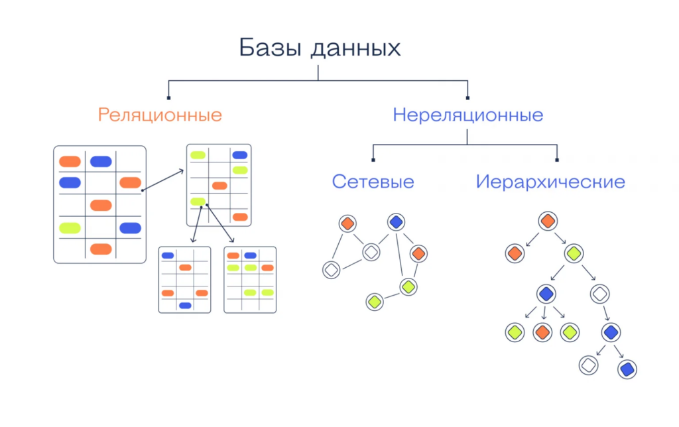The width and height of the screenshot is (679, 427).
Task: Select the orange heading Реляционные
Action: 160,115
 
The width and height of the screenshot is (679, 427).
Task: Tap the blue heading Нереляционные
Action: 467,115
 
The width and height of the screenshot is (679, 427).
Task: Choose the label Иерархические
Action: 550,182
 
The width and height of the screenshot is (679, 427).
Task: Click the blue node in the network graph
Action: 396,222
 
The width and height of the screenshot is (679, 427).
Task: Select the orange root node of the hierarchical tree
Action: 547,221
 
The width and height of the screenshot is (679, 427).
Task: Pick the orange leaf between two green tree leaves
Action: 542,332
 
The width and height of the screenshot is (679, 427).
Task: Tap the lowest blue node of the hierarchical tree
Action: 627,368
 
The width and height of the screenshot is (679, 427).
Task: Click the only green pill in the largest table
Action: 70,228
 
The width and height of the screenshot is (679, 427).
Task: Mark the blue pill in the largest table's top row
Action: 101,161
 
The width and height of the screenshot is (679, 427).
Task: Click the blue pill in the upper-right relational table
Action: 239,155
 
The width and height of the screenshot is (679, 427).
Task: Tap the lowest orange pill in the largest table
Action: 101,249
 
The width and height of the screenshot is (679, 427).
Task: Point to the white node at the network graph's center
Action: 371,252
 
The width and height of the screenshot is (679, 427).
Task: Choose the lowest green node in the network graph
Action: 375,302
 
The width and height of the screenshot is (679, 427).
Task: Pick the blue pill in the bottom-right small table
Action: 250,255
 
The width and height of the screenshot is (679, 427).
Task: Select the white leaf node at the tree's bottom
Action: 587,365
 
